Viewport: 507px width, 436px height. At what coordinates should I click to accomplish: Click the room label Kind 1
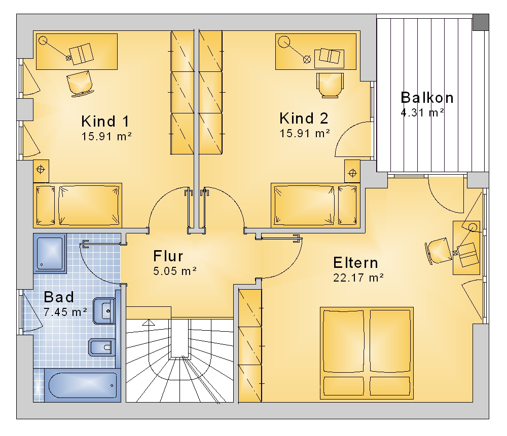coord(105,122)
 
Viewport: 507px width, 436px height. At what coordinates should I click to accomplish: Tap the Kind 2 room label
coord(304,118)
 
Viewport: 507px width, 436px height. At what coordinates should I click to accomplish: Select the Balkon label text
coord(427,98)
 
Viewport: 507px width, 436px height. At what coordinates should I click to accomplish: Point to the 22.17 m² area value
coord(358,278)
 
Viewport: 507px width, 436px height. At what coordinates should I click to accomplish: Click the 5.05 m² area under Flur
coord(175,271)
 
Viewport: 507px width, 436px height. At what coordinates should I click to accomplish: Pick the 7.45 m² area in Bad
coord(65,312)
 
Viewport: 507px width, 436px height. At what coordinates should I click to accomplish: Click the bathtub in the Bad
coord(83,385)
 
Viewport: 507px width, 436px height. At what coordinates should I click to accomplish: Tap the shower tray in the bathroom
coord(50,253)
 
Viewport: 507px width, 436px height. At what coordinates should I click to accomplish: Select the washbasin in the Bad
coord(104,311)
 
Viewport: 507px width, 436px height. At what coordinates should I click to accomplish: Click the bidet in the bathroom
coord(101,347)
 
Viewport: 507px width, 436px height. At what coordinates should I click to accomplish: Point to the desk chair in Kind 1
coord(80,84)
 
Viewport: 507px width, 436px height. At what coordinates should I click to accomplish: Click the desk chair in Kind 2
coord(330,85)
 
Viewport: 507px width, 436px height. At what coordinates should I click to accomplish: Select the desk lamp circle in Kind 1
coord(43,41)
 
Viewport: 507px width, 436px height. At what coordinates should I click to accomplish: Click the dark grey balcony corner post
coord(481,22)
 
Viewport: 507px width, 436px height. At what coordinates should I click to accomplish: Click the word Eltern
coord(356,263)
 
